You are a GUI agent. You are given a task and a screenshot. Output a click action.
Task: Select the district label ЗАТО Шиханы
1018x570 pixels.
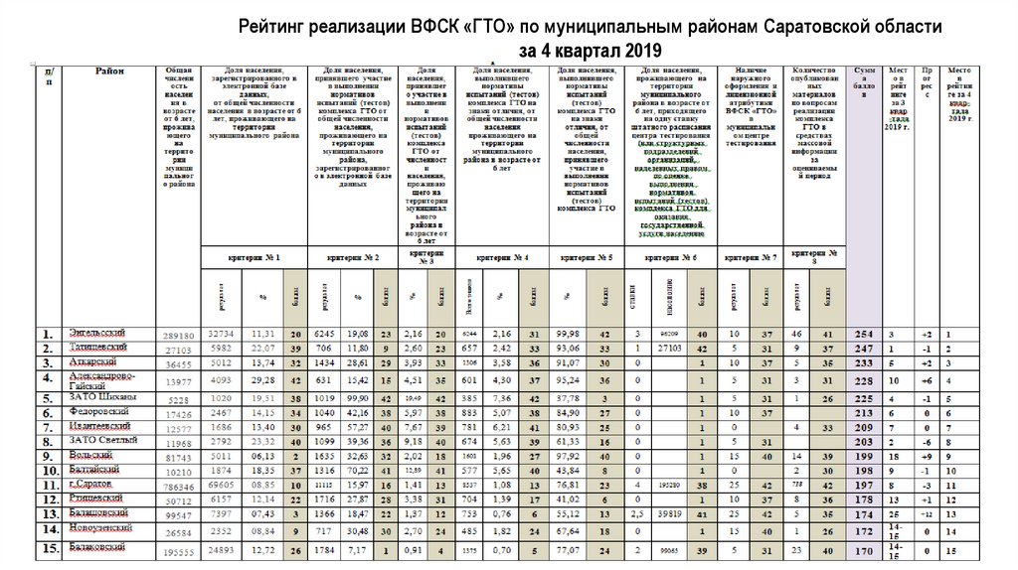coord(96,397)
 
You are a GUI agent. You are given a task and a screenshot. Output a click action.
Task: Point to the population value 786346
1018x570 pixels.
coord(178,489)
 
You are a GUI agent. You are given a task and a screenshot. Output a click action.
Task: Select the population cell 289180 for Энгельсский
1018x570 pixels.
coord(178,337)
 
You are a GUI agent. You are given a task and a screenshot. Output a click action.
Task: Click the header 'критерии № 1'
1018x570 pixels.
coord(254,258)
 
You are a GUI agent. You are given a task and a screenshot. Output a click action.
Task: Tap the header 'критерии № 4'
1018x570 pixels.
coord(502,258)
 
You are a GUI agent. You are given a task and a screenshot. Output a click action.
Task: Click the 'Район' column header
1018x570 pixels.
coord(110,71)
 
